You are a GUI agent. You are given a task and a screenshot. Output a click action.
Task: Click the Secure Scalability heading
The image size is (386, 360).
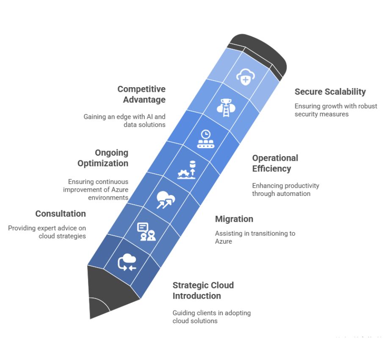tap(330, 92)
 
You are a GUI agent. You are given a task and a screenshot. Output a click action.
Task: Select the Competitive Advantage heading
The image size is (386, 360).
tap(141, 94)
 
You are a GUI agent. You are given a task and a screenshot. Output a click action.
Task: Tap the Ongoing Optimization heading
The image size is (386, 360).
tap(103, 158)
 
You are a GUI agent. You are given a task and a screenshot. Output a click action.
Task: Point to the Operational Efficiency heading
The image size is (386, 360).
tap(275, 163)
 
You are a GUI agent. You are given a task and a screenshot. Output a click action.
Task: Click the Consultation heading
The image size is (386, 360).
tap(61, 214)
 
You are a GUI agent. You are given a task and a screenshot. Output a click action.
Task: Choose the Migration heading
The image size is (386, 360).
tap(234, 219)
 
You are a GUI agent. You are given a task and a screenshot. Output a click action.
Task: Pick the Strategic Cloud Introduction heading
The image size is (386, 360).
tap(203, 290)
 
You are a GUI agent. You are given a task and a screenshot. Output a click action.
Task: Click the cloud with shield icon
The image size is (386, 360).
tap(245, 77)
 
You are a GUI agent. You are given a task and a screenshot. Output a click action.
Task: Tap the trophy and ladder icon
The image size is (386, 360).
tap(226, 107)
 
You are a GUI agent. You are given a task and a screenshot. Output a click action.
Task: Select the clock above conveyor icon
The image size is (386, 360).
tap(206, 139)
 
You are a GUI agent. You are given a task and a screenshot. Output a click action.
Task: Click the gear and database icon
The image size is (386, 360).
tap(187, 170)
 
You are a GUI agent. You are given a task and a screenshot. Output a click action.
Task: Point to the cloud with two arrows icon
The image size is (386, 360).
tap(165, 200)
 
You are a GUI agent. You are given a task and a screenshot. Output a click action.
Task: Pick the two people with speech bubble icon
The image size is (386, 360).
tap(146, 231)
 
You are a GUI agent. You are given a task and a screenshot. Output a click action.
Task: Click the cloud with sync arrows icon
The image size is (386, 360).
tap(127, 262)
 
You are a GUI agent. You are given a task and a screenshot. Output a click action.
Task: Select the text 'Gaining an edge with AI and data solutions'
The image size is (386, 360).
tap(124, 121)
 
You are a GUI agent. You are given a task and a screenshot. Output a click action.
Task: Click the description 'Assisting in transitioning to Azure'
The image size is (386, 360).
tap(255, 237)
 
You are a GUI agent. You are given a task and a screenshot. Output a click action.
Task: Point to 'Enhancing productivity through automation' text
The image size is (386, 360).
tap(286, 190)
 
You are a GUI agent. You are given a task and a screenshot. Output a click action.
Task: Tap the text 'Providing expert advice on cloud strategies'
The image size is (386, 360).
tap(47, 232)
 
